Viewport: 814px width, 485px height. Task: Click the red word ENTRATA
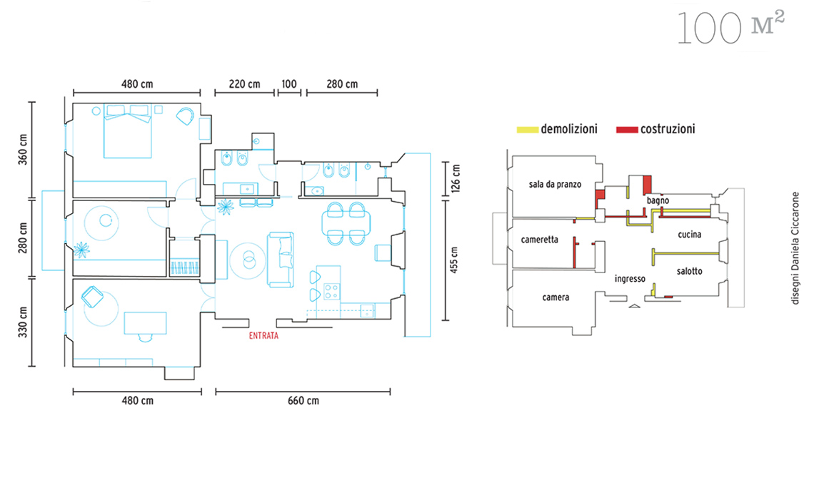263,336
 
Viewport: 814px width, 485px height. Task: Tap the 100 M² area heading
731,28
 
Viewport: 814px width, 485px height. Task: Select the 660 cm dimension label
303,400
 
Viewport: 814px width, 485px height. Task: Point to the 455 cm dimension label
454,260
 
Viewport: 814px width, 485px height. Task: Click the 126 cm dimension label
456,178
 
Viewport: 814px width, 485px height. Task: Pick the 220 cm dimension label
244,84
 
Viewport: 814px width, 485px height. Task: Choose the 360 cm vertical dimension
23,150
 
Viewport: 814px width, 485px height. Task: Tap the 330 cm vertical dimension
23,322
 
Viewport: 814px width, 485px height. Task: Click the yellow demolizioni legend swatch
528,130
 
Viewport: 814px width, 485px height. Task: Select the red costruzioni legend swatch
627,130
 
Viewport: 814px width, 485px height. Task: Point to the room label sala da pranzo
555,184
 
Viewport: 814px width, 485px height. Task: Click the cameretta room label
539,240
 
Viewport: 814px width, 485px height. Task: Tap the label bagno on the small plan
658,200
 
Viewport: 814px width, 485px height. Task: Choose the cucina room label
690,235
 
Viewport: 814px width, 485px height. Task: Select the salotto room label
690,271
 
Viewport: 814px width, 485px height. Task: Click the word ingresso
630,279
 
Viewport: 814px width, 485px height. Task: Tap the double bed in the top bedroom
128,131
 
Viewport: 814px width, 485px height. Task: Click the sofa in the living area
281,260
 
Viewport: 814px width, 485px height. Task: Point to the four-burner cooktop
332,291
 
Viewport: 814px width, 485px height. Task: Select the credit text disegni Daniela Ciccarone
795,248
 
